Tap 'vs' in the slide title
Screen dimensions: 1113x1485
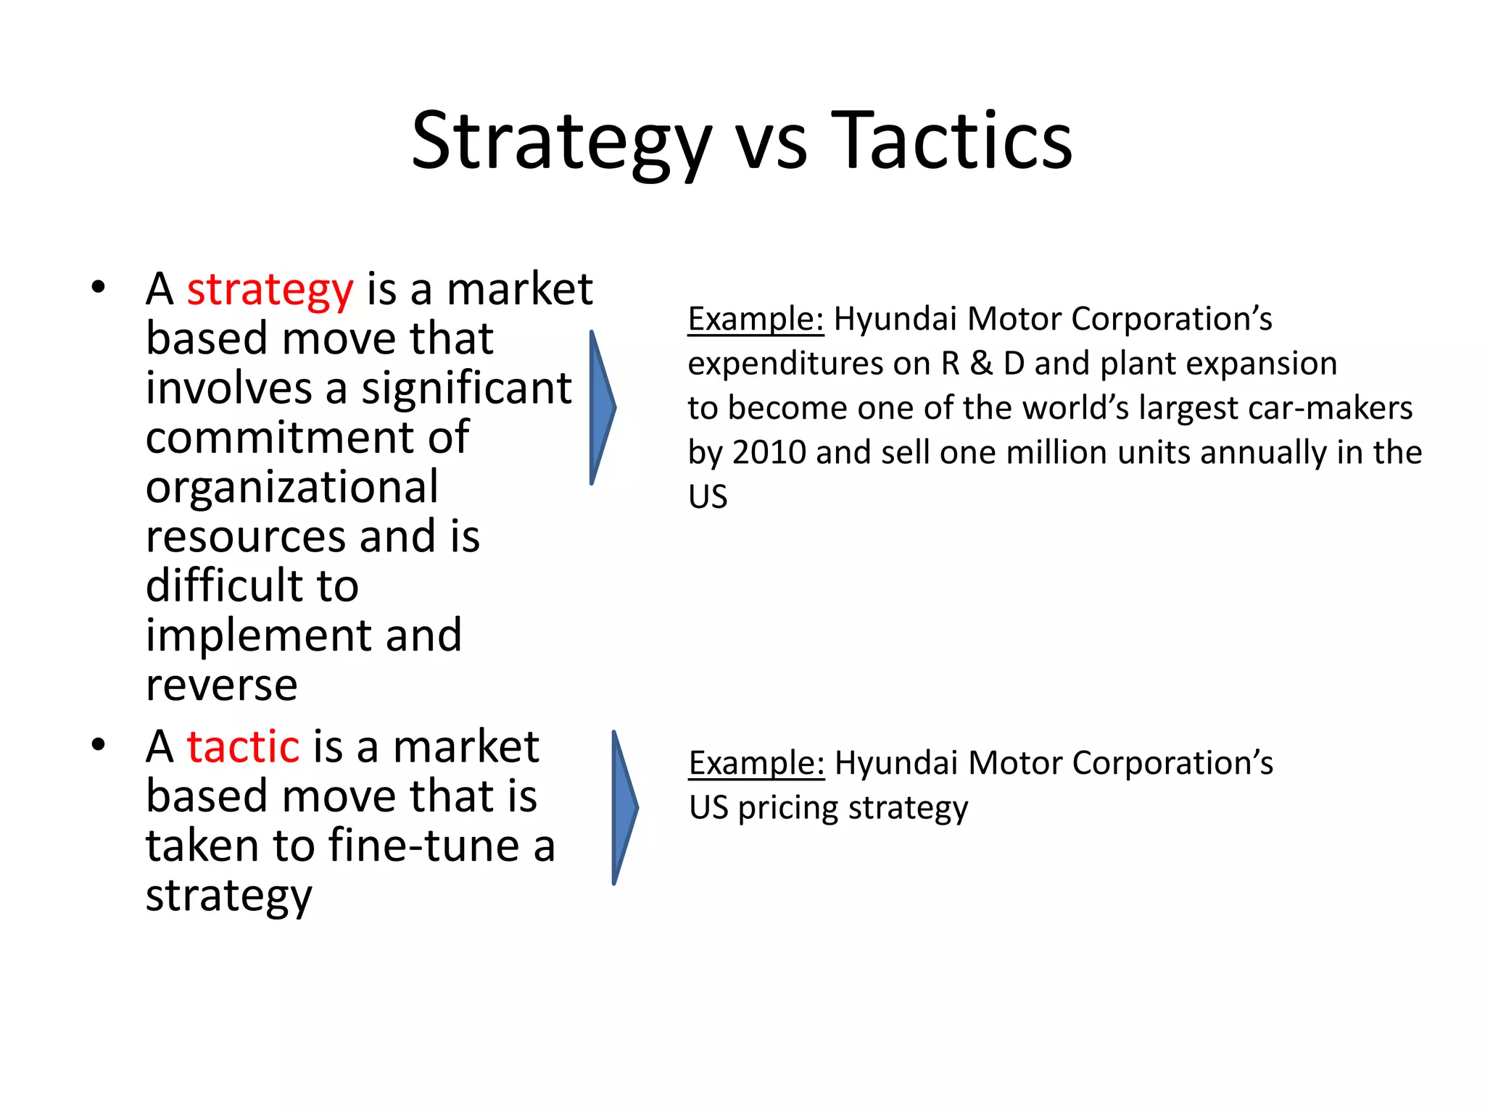pos(771,145)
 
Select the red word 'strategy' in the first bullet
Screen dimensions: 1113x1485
pos(270,290)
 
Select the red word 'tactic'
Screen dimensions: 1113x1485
pos(243,746)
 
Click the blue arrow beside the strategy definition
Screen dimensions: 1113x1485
pos(602,407)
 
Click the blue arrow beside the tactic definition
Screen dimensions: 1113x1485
pos(624,807)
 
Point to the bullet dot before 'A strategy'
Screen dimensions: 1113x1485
pos(99,288)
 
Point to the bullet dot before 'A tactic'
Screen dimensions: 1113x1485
pos(99,745)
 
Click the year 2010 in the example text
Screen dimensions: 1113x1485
pos(768,453)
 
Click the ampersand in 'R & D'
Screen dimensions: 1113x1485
pos(981,364)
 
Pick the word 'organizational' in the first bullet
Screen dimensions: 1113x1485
pos(291,487)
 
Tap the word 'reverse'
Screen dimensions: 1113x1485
pos(221,685)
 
